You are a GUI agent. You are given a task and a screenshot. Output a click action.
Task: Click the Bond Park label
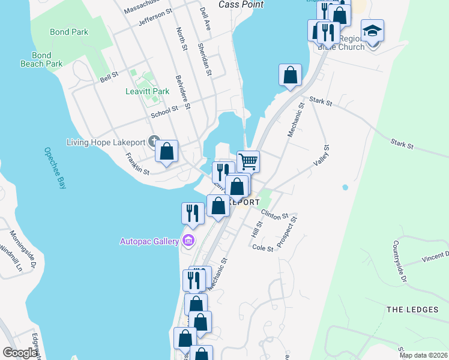click(x=69, y=32)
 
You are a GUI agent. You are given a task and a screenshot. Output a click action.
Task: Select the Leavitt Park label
click(x=147, y=91)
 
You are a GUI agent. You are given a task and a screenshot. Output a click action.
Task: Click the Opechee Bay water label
click(x=55, y=169)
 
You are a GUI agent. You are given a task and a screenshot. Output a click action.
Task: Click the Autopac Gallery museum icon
click(x=189, y=241)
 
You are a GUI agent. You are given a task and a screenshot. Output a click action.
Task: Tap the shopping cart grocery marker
click(x=248, y=161)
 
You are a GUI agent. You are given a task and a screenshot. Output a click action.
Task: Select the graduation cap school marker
click(x=372, y=30)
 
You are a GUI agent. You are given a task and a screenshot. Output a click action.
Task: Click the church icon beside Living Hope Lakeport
click(x=154, y=142)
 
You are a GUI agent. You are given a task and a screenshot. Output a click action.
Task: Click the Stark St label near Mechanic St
click(x=321, y=102)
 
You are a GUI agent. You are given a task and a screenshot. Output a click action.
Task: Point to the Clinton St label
click(x=274, y=214)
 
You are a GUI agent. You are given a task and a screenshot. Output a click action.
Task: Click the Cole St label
click(x=263, y=248)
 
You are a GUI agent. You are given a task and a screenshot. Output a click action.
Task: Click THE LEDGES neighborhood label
click(x=412, y=310)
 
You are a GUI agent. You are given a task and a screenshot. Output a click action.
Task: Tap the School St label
click(x=164, y=109)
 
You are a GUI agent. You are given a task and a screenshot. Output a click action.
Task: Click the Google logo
click(x=20, y=353)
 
